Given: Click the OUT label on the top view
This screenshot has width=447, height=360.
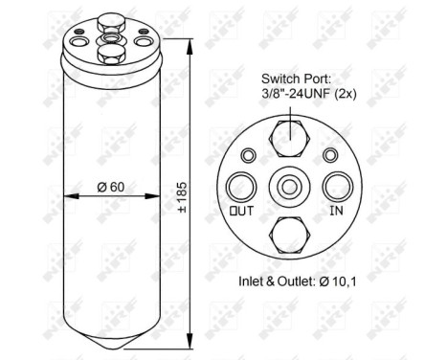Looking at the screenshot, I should pos(241,210).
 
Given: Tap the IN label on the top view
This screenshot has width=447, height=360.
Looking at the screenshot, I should pos(336,210).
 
